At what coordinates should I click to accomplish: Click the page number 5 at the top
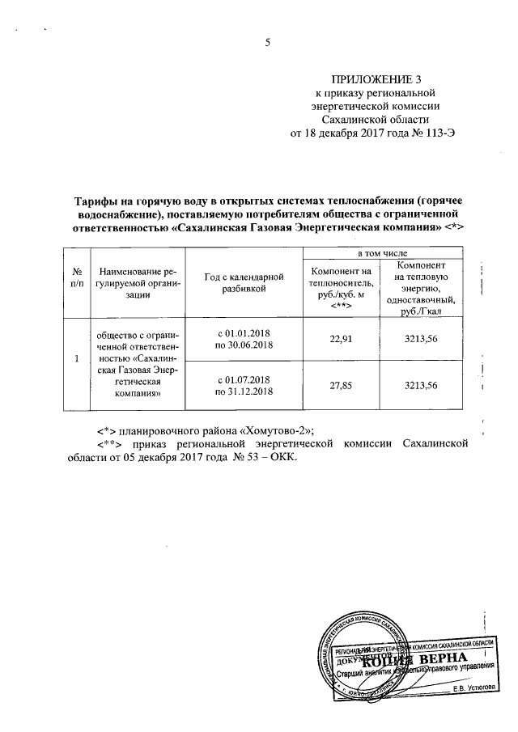266,44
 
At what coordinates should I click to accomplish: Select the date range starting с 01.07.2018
243,385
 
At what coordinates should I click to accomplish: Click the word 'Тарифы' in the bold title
95,200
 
